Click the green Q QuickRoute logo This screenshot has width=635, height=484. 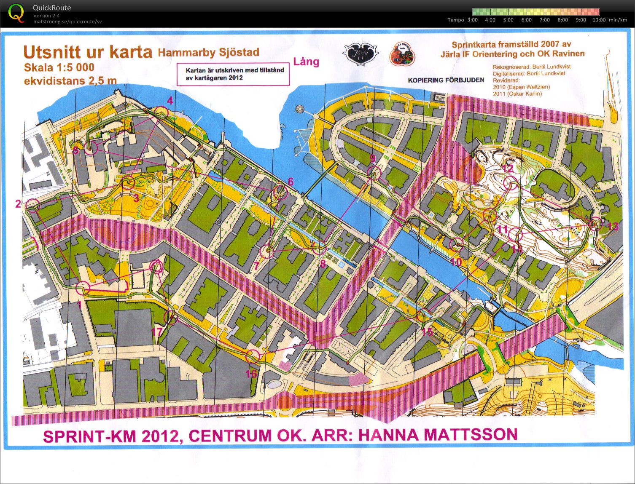(x=16, y=13)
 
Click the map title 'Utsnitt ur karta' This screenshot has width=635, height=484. (x=87, y=52)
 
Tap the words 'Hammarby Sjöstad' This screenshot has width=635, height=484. (x=208, y=53)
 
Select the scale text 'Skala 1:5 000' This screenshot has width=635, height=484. (x=59, y=67)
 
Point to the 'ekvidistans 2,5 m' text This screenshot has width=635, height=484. (x=70, y=80)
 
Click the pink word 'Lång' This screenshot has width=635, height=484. (x=306, y=62)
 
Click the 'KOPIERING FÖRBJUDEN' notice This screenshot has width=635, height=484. (x=446, y=80)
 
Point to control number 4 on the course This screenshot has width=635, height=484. (x=170, y=101)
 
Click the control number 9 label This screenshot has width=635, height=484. (x=372, y=158)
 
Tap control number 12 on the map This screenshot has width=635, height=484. (x=508, y=168)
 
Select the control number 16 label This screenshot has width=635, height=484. (x=251, y=374)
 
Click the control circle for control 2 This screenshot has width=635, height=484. (x=33, y=206)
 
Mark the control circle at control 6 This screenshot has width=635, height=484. (x=280, y=193)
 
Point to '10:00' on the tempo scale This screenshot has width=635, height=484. (x=599, y=20)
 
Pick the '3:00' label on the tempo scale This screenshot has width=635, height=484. (x=472, y=20)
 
